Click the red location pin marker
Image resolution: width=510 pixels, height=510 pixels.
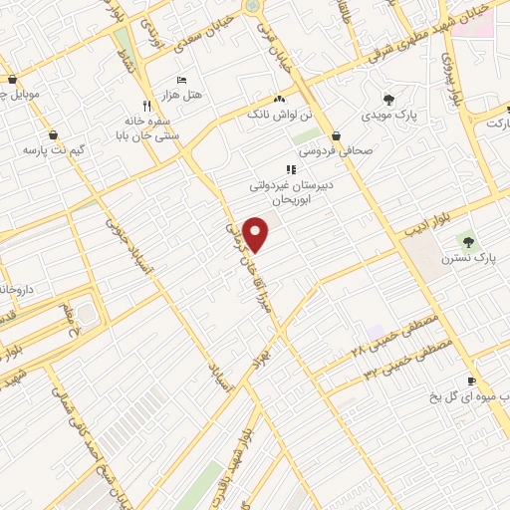(257, 233)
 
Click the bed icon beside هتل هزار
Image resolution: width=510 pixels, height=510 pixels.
(180, 79)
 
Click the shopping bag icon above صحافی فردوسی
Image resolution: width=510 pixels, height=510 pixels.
(338, 135)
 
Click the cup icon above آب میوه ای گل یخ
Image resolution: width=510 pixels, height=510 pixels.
(472, 381)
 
